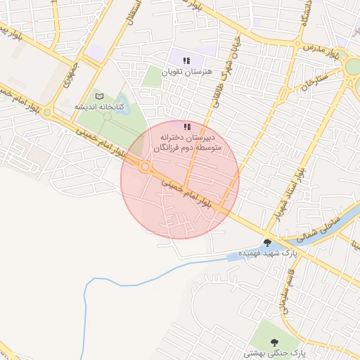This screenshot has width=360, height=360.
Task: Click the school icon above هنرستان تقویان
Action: coord(187,60)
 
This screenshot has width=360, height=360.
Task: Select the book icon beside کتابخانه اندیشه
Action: coord(99,96)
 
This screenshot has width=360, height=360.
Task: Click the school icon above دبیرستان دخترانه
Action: coord(187,127)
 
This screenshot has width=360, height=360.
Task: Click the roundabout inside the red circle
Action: coord(145,167)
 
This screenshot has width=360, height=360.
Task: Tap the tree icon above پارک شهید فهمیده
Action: coord(266,242)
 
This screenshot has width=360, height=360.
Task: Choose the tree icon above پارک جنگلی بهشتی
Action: coord(274,342)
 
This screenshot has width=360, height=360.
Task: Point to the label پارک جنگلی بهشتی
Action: coord(273,353)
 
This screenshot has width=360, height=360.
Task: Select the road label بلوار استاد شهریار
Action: coord(290,193)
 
